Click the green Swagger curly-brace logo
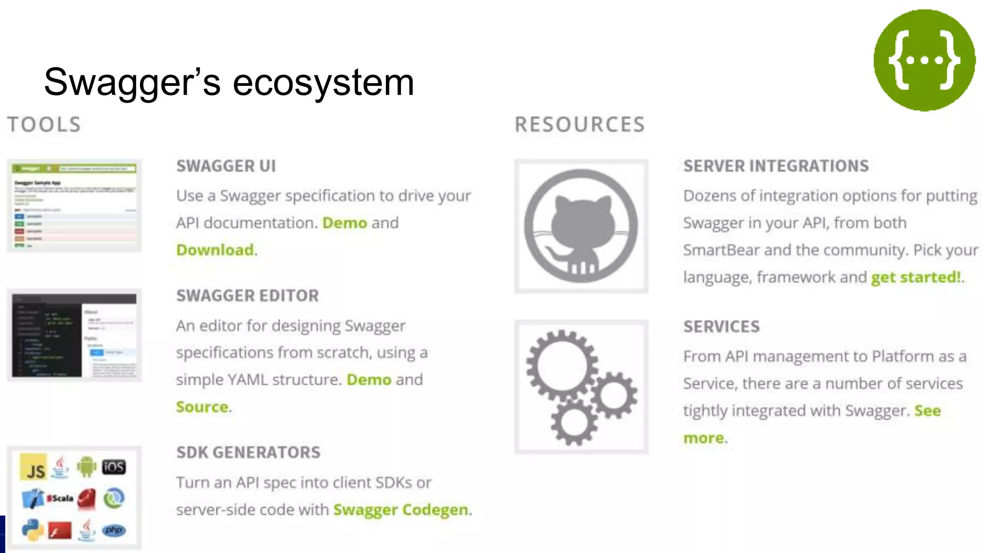924,60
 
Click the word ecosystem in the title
323,83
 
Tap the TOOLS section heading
44,125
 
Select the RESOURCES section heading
580,125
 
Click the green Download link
215,250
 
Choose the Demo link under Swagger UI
344,223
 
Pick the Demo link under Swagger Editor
369,380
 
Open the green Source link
202,407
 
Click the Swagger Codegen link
401,510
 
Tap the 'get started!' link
916,277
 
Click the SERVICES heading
722,327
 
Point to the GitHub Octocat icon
581,226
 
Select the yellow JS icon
34,467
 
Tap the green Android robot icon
86,467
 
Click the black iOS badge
114,467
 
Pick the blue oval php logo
114,530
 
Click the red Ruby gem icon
87,499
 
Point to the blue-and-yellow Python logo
33,530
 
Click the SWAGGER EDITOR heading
247,296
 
